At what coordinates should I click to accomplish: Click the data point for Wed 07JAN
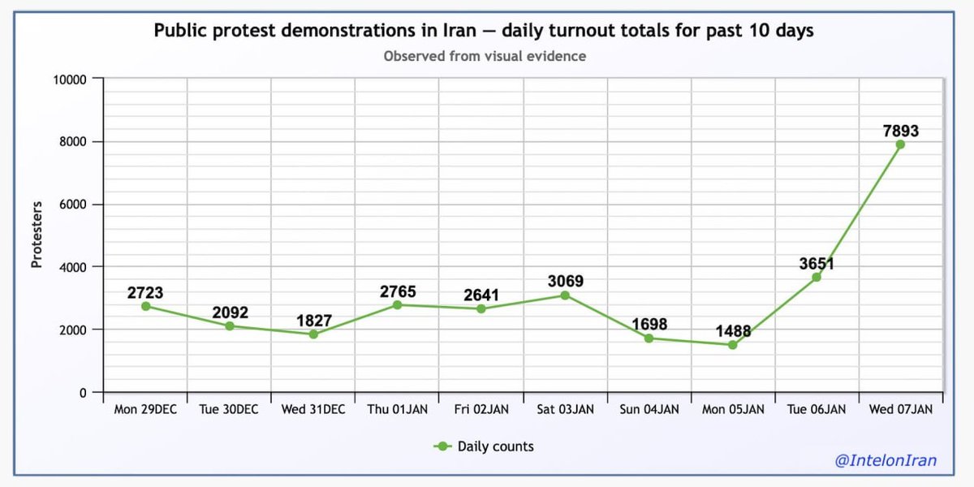click(x=900, y=144)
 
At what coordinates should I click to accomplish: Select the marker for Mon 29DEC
click(x=145, y=306)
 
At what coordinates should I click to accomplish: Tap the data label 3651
click(x=817, y=264)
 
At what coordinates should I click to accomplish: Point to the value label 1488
click(x=733, y=331)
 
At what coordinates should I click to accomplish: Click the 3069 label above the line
click(x=565, y=282)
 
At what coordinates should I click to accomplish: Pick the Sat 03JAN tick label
click(x=565, y=410)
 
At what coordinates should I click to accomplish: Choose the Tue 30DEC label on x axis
click(x=229, y=410)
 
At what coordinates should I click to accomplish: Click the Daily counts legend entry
click(x=485, y=446)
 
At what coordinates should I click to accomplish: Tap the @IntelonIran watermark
click(x=886, y=461)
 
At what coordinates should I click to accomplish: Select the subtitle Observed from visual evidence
click(x=485, y=56)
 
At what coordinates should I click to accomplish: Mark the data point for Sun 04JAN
click(x=649, y=338)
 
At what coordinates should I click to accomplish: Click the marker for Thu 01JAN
click(x=397, y=304)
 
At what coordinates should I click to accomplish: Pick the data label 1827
click(x=313, y=321)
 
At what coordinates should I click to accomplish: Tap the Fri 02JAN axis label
click(x=481, y=410)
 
